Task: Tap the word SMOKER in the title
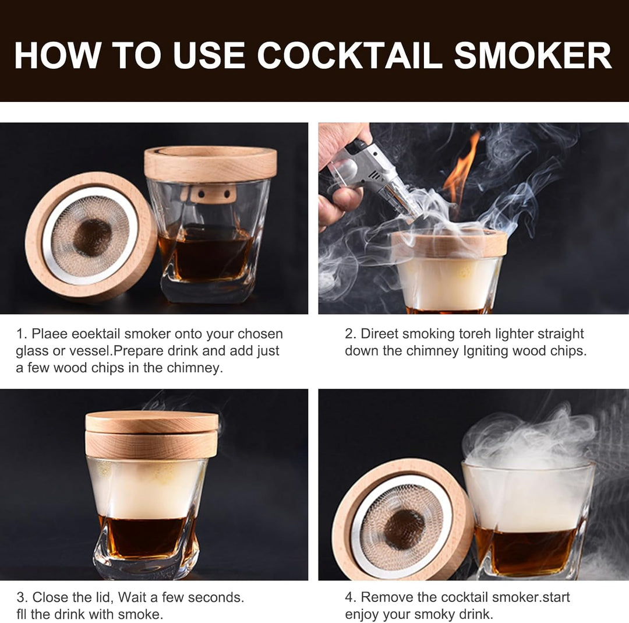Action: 533,56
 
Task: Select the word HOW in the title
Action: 56,56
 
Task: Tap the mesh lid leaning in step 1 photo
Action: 90,236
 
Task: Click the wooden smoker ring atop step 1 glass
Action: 210,163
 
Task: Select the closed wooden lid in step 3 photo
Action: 151,434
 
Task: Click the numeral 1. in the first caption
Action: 22,334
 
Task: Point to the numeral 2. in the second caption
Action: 350,334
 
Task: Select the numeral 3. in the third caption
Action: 22,597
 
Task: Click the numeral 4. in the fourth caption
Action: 350,597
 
